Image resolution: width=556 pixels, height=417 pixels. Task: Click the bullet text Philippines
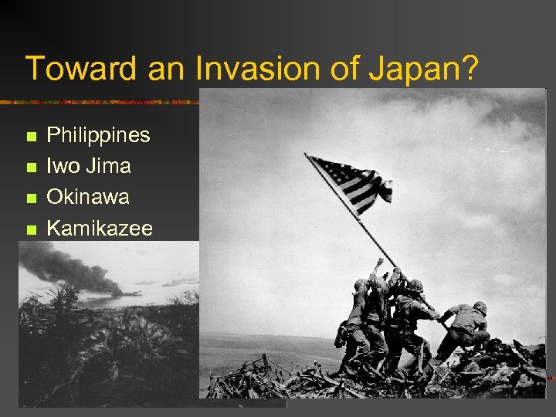click(98, 135)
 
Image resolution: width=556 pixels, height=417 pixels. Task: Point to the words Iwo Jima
click(89, 166)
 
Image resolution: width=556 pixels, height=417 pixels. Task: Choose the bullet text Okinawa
click(88, 197)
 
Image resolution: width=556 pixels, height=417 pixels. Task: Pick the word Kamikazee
click(100, 228)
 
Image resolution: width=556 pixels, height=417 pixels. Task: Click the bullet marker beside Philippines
click(31, 137)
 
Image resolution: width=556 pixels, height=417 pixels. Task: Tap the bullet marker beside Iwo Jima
click(31, 168)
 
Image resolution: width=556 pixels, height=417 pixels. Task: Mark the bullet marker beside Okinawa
click(31, 198)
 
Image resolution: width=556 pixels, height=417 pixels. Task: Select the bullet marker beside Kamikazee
click(31, 229)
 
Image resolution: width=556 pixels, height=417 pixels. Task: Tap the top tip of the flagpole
click(307, 156)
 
